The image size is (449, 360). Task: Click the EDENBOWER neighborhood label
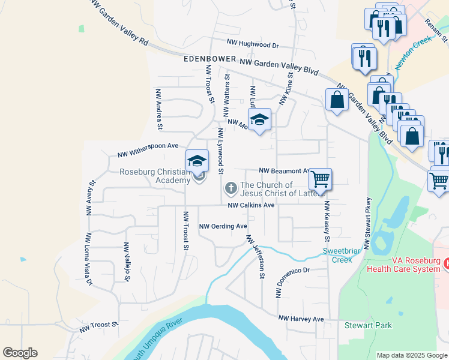click(209, 61)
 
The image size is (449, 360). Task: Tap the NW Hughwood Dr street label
click(253, 44)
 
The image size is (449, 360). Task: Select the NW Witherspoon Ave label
click(148, 146)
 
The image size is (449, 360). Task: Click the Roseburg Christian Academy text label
click(155, 175)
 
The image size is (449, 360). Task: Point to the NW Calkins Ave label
click(251, 205)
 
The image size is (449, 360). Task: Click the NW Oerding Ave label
click(223, 226)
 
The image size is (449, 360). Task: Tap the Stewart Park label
click(368, 325)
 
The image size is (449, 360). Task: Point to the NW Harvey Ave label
click(301, 319)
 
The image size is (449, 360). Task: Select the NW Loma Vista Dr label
click(89, 259)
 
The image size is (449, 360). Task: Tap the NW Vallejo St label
click(127, 262)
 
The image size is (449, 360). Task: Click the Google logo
click(20, 353)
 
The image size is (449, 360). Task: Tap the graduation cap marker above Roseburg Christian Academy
click(197, 161)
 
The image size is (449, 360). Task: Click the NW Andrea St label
click(159, 109)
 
